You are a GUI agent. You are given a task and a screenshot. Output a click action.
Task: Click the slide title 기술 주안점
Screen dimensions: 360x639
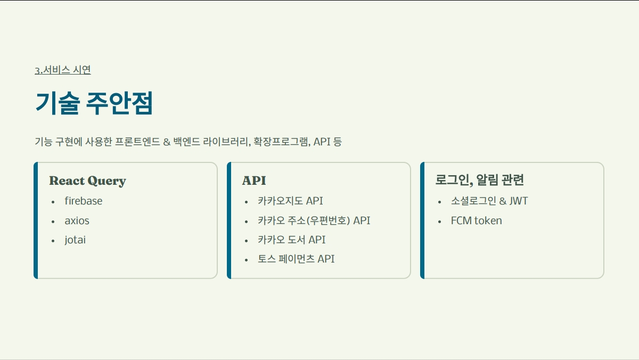pyautogui.click(x=94, y=103)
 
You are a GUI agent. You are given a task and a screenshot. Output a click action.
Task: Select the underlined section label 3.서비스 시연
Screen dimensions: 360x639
pyautogui.click(x=63, y=70)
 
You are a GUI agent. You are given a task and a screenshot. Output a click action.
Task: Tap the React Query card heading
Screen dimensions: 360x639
pyautogui.click(x=87, y=181)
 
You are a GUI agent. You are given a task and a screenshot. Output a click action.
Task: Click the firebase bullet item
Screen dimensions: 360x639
pyautogui.click(x=84, y=201)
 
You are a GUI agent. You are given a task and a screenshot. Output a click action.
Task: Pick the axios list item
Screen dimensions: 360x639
pyautogui.click(x=77, y=220)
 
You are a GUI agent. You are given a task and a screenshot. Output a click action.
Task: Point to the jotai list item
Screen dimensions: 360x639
pyautogui.click(x=75, y=240)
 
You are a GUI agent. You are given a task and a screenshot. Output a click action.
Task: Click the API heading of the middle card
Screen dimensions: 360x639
pyautogui.click(x=254, y=181)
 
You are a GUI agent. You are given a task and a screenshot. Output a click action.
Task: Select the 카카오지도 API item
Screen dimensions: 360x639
pyautogui.click(x=290, y=201)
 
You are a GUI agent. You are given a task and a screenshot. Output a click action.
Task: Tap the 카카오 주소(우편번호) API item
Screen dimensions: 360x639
pyautogui.click(x=314, y=220)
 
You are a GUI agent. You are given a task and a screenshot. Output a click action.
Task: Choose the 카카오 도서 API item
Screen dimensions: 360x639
pyautogui.click(x=291, y=240)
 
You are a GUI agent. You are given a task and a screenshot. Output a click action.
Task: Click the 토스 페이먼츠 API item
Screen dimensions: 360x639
pyautogui.click(x=296, y=259)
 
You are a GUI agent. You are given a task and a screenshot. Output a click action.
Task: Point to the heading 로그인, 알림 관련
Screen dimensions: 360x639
pyautogui.click(x=479, y=180)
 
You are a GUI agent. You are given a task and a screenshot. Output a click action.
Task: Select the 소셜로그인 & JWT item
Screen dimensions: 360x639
pyautogui.click(x=489, y=201)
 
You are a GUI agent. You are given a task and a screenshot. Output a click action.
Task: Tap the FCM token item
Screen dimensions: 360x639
pyautogui.click(x=476, y=220)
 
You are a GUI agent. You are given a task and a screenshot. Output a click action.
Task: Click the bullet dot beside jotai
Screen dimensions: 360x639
pyautogui.click(x=53, y=241)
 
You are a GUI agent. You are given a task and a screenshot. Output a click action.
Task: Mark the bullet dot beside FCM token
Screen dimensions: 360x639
pyautogui.click(x=439, y=222)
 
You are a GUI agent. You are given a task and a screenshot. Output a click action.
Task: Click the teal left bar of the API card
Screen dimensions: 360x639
pyautogui.click(x=229, y=220)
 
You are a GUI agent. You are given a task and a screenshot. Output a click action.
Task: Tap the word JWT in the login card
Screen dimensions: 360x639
pyautogui.click(x=518, y=201)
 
